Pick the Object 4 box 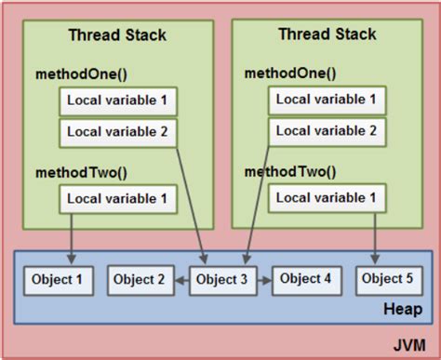(x=304, y=280)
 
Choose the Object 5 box (x=386, y=280)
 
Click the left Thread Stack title (x=117, y=35)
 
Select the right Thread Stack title (x=327, y=35)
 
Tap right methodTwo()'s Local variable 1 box (x=327, y=198)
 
